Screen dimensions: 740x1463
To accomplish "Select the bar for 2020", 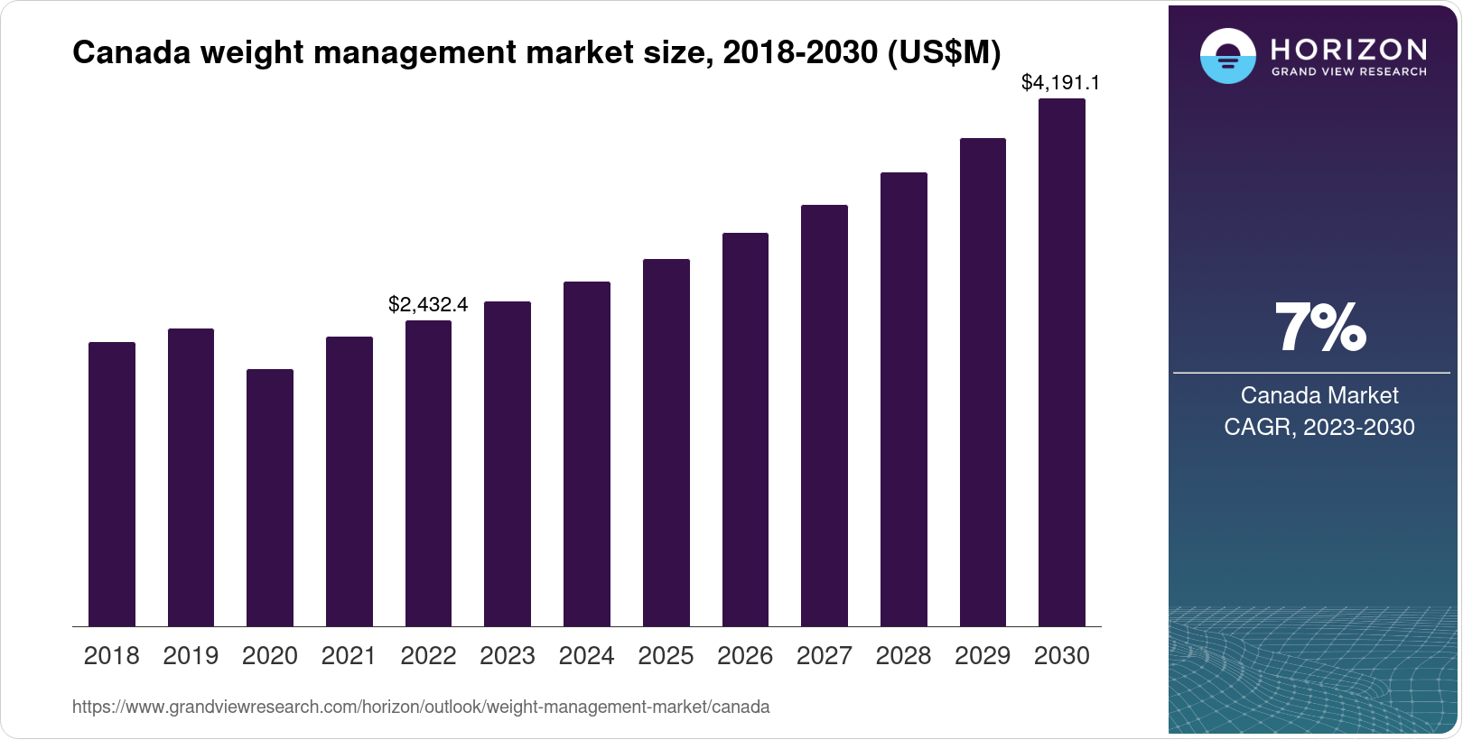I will [x=270, y=497].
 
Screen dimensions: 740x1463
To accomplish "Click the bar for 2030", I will [x=1062, y=362].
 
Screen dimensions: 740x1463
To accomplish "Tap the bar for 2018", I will [x=112, y=484].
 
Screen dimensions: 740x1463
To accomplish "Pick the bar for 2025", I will [x=666, y=442].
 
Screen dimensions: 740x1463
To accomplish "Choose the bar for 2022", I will [x=428, y=473].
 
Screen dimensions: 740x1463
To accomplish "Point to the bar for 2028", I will [x=904, y=399].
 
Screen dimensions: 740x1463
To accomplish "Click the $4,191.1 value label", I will [x=1060, y=83].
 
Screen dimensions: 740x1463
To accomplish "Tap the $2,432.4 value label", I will [x=428, y=305].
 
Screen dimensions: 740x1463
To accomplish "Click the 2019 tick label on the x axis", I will [x=191, y=656].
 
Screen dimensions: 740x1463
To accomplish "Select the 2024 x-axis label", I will [x=587, y=656].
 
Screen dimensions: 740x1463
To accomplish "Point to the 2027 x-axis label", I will [x=825, y=656].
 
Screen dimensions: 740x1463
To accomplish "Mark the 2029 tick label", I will [x=983, y=656].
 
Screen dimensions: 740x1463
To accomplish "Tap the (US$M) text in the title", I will [x=944, y=53].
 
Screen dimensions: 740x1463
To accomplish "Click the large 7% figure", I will [x=1319, y=328].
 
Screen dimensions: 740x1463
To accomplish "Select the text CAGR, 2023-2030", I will [x=1319, y=427].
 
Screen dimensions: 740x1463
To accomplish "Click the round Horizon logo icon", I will [x=1227, y=56].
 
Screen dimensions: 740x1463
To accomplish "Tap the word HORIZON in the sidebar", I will [x=1349, y=49].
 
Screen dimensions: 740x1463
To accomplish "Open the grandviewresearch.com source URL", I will [x=421, y=708].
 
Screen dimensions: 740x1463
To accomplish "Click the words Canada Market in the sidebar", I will [x=1319, y=395].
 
